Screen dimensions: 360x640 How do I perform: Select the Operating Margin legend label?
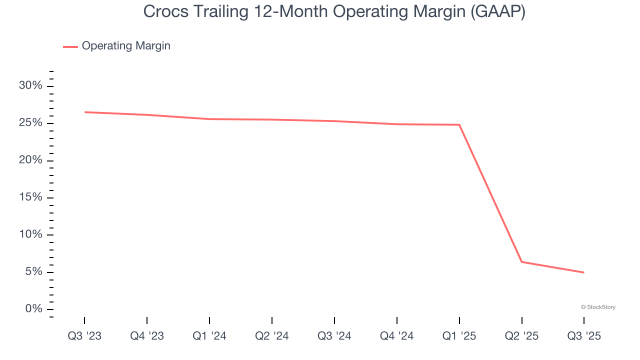tap(126, 46)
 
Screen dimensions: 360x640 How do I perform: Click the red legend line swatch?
tap(70, 46)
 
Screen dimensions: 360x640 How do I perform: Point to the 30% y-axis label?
tap(30, 85)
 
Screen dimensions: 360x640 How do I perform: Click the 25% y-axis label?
tap(30, 123)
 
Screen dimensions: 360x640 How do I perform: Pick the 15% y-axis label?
tap(30, 197)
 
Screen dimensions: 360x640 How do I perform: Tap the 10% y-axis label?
tap(30, 234)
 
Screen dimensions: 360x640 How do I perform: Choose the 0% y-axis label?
tap(33, 309)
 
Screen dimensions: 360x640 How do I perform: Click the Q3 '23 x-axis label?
tap(84, 336)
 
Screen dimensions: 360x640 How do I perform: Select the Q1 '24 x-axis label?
tap(209, 336)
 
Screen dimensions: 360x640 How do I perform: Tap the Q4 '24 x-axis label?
tap(397, 336)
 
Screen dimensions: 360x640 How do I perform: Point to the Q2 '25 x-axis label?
tap(521, 336)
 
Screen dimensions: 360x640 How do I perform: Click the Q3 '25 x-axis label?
tap(584, 336)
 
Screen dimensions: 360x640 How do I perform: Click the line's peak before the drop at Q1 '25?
tap(459, 124)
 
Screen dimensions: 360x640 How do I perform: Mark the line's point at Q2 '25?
tap(521, 262)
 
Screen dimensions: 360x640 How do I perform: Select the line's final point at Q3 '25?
tap(583, 272)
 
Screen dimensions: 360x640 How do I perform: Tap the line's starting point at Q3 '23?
tap(84, 112)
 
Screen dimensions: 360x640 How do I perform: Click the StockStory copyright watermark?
tap(598, 307)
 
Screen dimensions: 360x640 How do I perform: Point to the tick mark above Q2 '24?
tap(272, 320)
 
